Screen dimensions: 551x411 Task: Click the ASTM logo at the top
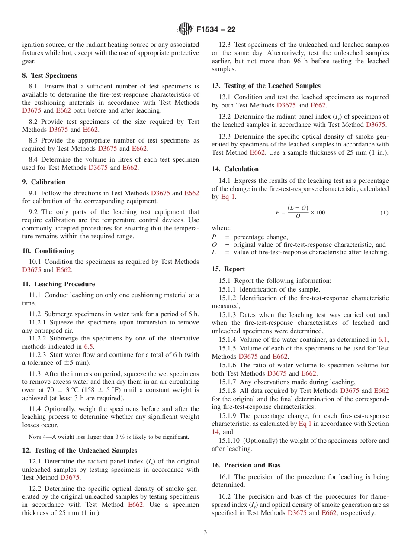tap(185, 29)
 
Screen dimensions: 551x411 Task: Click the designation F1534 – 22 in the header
tap(216, 30)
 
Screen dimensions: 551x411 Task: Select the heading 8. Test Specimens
tap(49, 75)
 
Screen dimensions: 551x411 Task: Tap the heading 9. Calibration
tap(44, 182)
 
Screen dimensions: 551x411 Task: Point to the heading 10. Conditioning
tap(48, 251)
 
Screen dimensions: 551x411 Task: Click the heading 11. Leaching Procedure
tap(58, 284)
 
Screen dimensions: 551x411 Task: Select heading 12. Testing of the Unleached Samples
tap(79, 451)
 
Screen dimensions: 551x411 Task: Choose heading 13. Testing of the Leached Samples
tap(266, 86)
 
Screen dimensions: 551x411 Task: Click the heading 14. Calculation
tap(235, 169)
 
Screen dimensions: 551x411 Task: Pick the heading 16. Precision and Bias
tap(246, 465)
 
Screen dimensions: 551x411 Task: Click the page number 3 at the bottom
tap(205, 532)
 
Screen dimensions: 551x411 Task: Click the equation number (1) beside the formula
tap(384, 213)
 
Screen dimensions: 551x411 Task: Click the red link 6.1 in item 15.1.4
tap(383, 340)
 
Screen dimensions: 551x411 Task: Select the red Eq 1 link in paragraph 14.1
tap(228, 197)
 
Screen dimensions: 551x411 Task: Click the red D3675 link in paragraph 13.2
tap(376, 125)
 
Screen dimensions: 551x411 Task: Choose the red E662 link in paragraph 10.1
tap(63, 270)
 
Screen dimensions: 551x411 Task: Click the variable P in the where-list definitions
tap(214, 237)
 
